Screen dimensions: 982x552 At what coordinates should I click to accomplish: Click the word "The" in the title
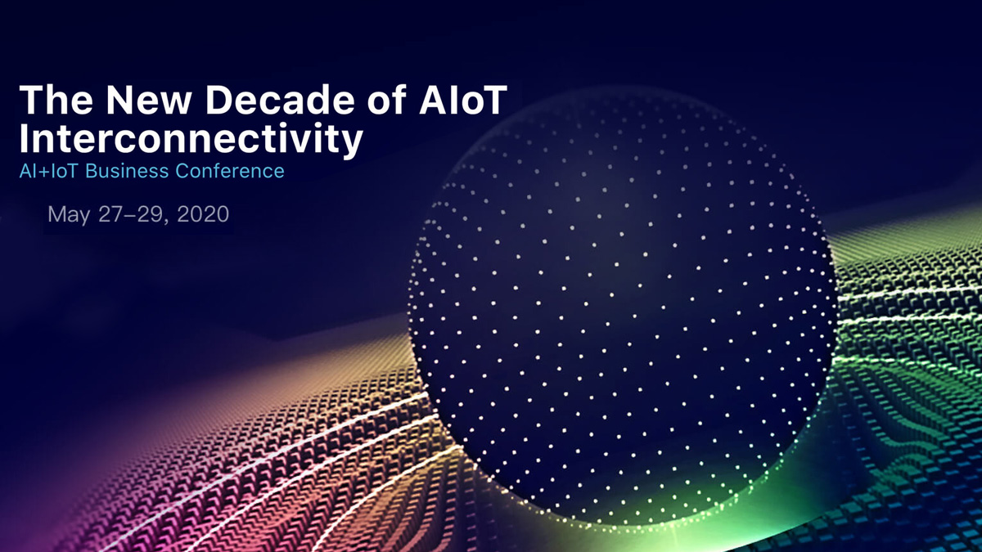[x=56, y=100]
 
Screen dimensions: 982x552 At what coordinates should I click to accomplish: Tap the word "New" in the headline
[x=149, y=100]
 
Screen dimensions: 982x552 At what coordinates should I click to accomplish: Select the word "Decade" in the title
[x=280, y=100]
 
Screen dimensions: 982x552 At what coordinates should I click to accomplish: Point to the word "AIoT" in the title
[x=463, y=100]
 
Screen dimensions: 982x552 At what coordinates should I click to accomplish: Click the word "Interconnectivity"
[x=191, y=139]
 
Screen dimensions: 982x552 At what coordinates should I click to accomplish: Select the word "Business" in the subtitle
[x=127, y=171]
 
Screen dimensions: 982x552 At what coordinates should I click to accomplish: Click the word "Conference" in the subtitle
[x=230, y=171]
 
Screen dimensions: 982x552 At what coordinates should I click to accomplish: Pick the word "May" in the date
[x=69, y=215]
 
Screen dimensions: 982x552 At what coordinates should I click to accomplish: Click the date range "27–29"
[x=132, y=214]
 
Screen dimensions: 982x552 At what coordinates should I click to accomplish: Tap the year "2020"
[x=203, y=214]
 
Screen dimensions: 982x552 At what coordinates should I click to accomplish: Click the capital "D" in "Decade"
[x=219, y=100]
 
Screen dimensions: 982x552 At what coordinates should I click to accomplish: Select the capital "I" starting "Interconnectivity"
[x=23, y=138]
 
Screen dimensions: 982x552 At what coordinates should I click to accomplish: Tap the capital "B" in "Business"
[x=91, y=171]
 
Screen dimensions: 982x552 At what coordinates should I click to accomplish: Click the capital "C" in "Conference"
[x=182, y=171]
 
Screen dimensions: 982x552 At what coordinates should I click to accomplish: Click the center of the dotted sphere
[x=623, y=307]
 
